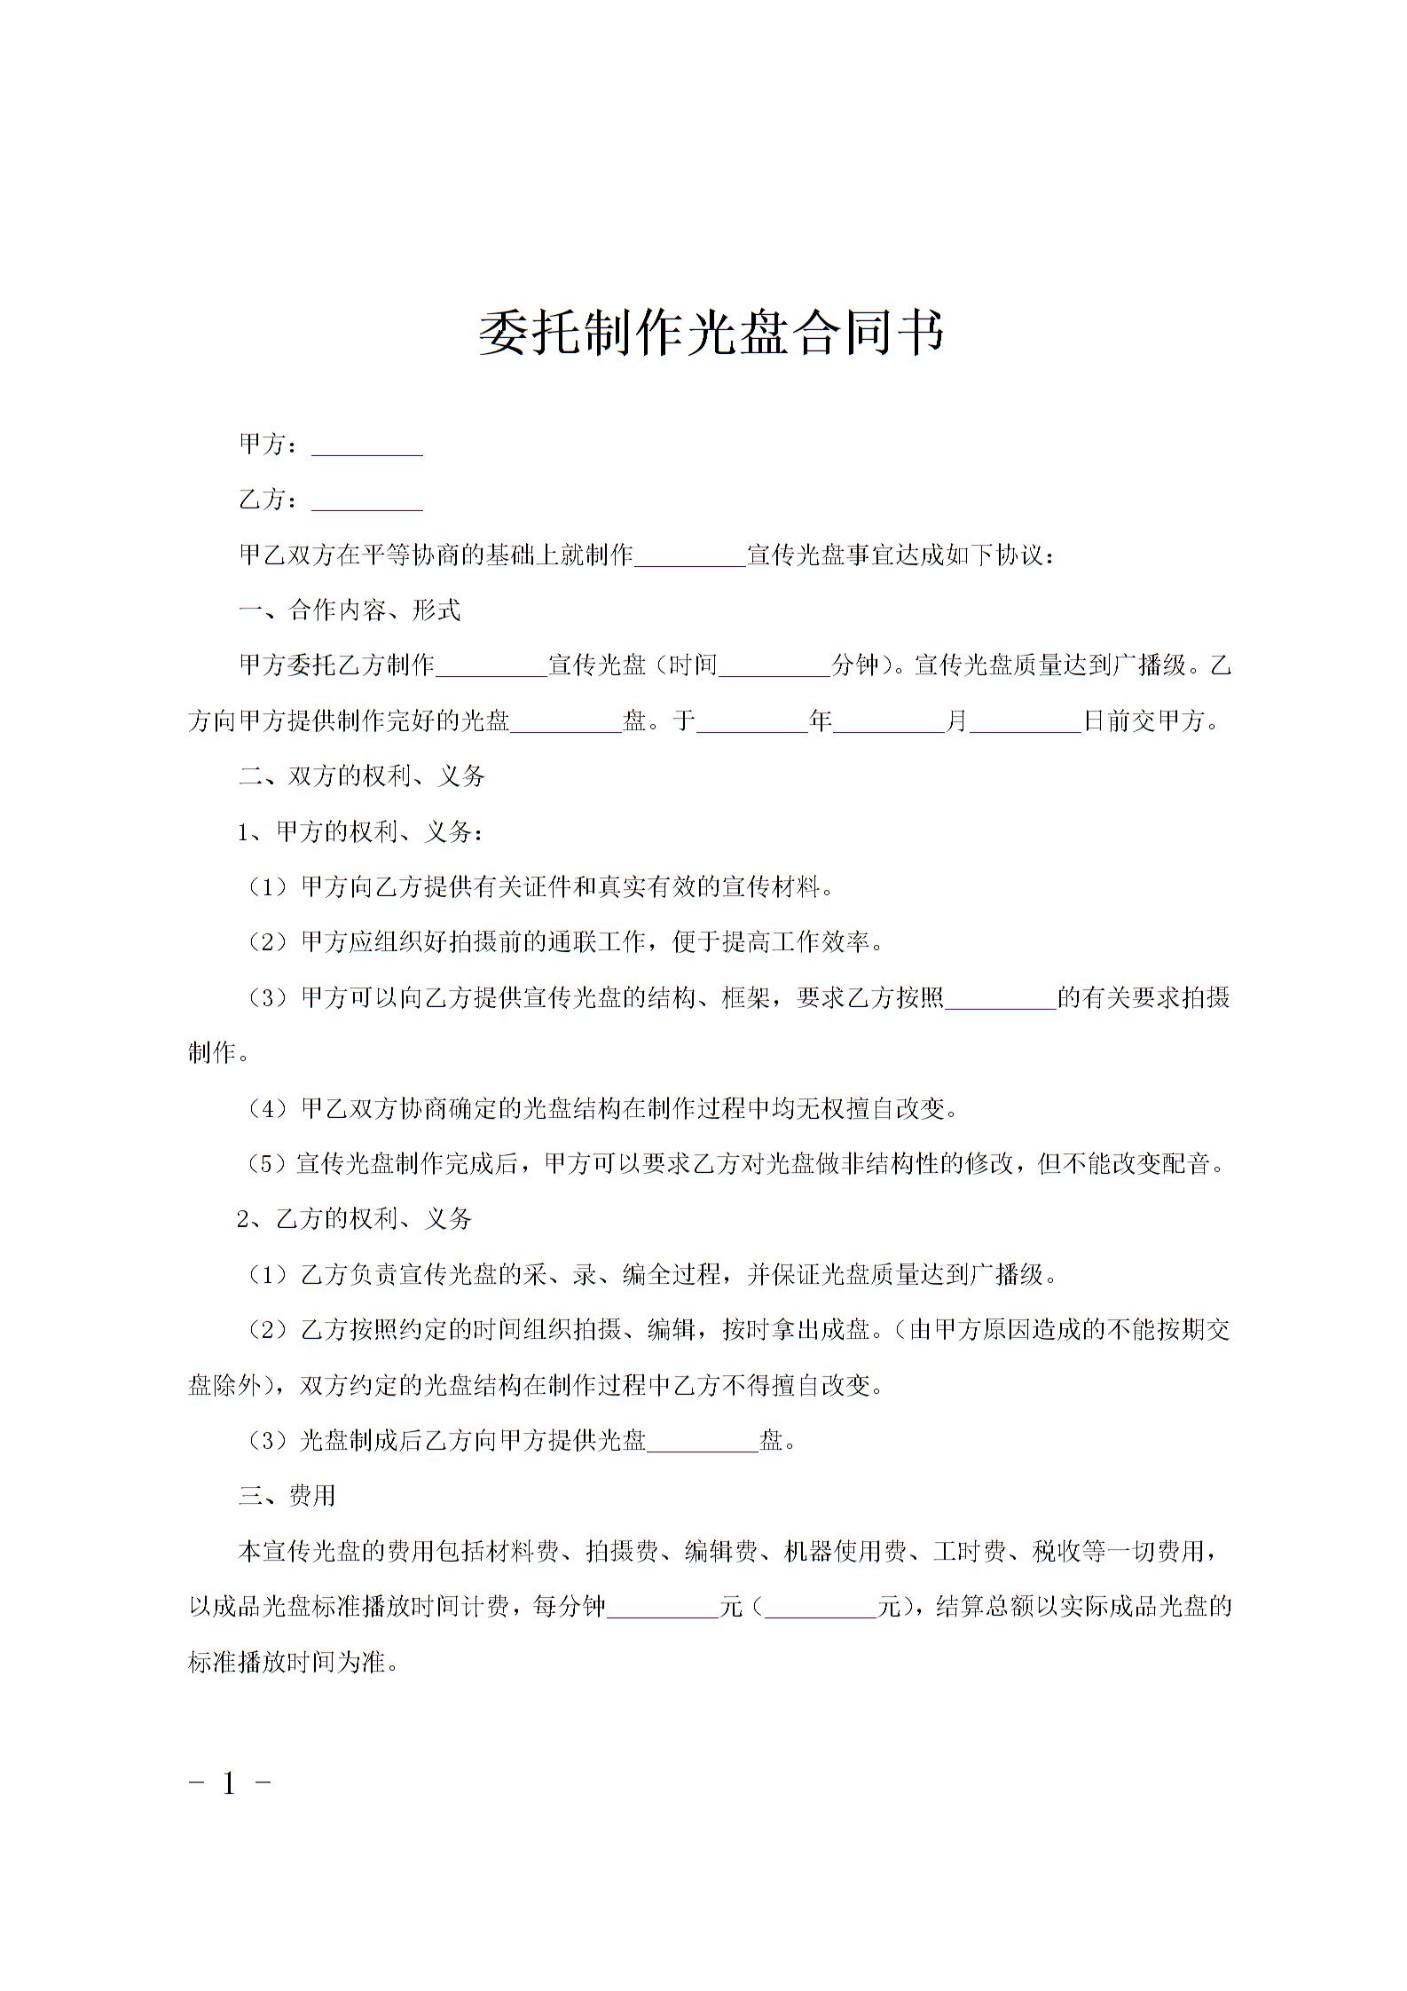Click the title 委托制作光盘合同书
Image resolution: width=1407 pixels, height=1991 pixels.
(711, 333)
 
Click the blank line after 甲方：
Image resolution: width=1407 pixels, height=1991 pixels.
(366, 448)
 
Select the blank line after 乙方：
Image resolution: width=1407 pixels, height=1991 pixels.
(366, 503)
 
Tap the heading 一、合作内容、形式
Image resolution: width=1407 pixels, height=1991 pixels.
(350, 610)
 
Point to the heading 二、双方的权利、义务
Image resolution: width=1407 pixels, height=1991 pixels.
(362, 776)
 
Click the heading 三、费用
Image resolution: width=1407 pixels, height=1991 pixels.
(287, 1496)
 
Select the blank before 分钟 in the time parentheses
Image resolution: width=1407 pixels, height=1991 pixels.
(774, 667)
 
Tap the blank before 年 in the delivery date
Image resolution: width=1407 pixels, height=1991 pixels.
(752, 723)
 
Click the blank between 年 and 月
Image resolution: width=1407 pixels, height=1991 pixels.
(889, 723)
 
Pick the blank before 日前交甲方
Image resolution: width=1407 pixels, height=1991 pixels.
(1026, 723)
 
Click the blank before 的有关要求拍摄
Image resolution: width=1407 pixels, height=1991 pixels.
(1000, 1000)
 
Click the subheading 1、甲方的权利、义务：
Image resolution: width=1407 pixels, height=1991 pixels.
(361, 832)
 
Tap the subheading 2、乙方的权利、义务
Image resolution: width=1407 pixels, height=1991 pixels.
(354, 1219)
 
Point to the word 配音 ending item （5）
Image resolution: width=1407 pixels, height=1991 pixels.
(1186, 1164)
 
